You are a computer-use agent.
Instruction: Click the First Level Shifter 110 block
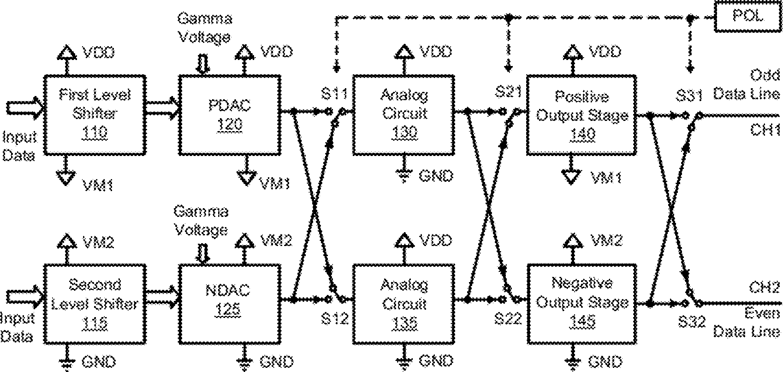point(95,115)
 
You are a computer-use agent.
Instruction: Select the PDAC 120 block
point(230,115)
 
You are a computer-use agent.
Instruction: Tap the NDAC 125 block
point(230,304)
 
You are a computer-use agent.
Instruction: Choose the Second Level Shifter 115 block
point(95,304)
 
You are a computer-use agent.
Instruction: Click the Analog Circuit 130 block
point(403,115)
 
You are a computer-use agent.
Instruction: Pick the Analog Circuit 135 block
point(403,304)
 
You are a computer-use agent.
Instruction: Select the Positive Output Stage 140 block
point(581,115)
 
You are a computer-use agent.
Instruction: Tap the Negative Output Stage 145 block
point(581,304)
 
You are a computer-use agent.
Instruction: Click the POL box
point(747,17)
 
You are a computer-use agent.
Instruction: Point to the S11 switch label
point(334,94)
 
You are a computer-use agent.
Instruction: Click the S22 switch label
point(508,319)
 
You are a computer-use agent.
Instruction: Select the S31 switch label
point(689,96)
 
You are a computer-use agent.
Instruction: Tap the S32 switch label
point(692,322)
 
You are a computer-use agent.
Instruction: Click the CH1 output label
point(765,130)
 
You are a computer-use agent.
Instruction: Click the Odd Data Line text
point(747,84)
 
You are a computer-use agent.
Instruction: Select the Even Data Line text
point(747,323)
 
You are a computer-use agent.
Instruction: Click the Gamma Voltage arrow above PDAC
point(203,65)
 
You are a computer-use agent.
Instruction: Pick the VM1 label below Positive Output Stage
point(606,178)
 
